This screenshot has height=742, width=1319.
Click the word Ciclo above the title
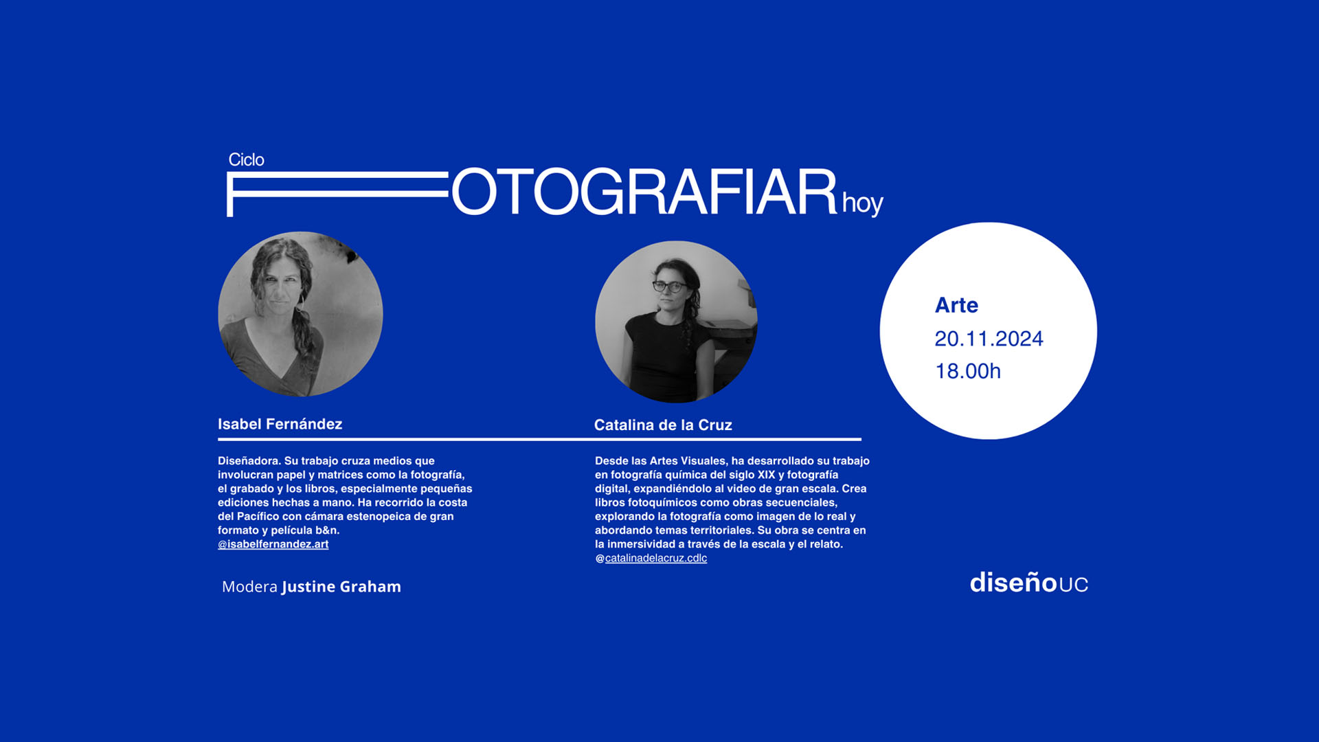click(x=246, y=159)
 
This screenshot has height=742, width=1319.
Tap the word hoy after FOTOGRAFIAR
click(x=863, y=203)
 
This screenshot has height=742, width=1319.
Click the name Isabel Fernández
click(x=280, y=424)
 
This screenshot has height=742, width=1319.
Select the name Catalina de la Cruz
click(x=663, y=425)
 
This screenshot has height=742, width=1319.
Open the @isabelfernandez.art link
click(x=273, y=544)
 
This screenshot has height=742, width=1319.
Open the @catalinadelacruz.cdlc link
click(x=651, y=558)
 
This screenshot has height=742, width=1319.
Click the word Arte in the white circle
click(x=956, y=305)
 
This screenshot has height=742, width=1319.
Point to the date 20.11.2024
click(x=989, y=339)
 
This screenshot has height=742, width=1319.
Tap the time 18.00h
click(x=968, y=371)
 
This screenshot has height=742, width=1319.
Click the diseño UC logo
click(x=1029, y=583)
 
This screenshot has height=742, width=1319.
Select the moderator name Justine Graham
click(x=341, y=587)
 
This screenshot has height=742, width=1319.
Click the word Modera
click(x=249, y=587)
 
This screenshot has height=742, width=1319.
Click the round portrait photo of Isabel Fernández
click(x=300, y=314)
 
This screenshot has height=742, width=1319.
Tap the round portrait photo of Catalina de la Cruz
click(x=676, y=322)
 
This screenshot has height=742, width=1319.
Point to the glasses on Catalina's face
click(x=668, y=286)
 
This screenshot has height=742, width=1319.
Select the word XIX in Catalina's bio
click(x=766, y=475)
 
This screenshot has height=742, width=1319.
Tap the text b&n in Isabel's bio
click(x=327, y=530)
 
